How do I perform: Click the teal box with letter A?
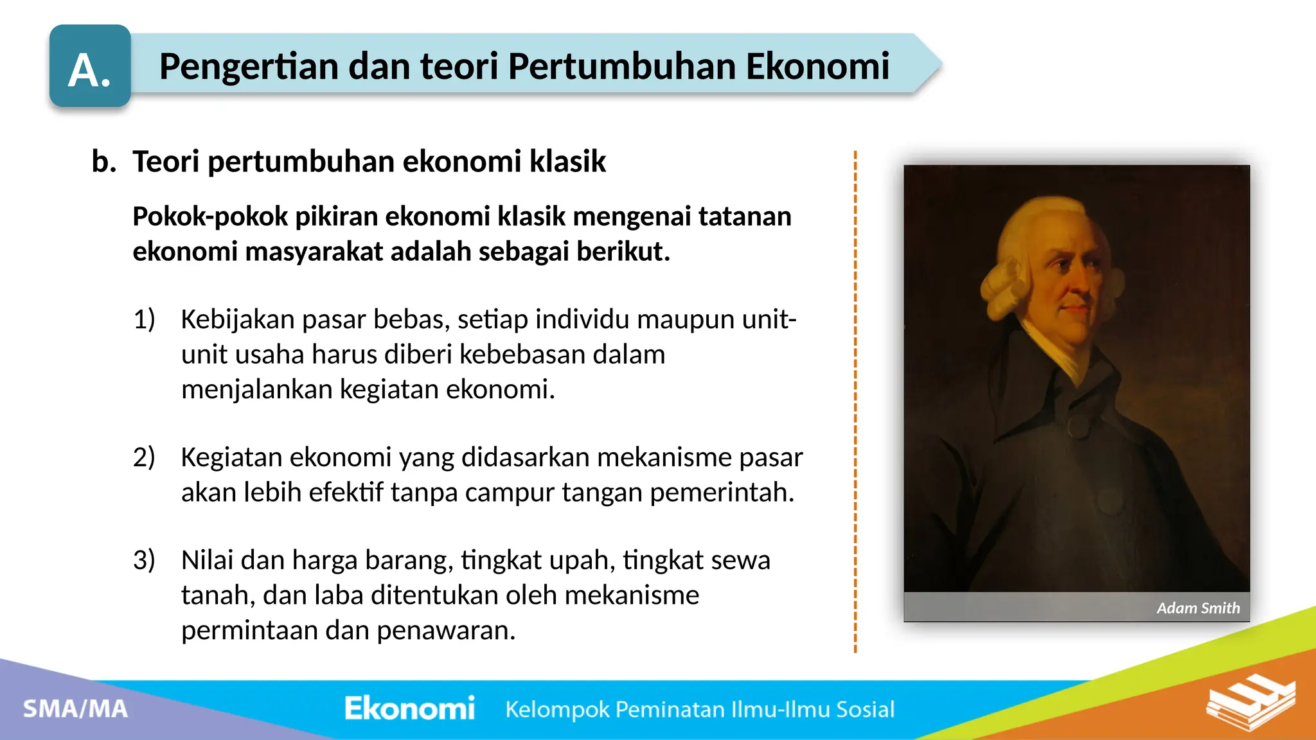pyautogui.click(x=90, y=66)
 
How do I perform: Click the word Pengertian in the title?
pyautogui.click(x=249, y=66)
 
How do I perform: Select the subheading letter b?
pyautogui.click(x=103, y=161)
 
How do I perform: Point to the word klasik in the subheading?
pyautogui.click(x=567, y=161)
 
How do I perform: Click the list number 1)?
pyautogui.click(x=144, y=319)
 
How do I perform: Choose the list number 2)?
pyautogui.click(x=144, y=457)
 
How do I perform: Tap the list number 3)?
pyautogui.click(x=144, y=560)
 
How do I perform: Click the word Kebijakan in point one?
pyautogui.click(x=237, y=319)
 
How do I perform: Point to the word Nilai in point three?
pyautogui.click(x=207, y=560)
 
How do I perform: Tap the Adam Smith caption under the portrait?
pyautogui.click(x=1198, y=608)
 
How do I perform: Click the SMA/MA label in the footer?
pyautogui.click(x=76, y=709)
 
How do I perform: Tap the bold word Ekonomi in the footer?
pyautogui.click(x=409, y=709)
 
